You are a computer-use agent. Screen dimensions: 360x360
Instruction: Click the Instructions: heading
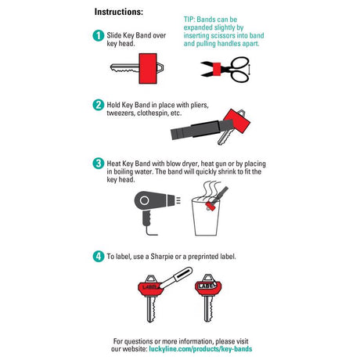click(119, 12)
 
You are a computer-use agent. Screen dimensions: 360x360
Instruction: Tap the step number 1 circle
click(99, 35)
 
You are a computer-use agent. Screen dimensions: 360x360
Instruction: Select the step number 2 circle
click(99, 105)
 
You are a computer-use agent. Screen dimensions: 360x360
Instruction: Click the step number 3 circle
click(99, 164)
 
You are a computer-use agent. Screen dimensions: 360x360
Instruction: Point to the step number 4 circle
click(99, 256)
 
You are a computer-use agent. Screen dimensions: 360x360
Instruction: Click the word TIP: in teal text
click(189, 20)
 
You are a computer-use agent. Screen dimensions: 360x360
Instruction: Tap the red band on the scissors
click(217, 69)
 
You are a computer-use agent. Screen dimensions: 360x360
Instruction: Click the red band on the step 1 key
click(148, 69)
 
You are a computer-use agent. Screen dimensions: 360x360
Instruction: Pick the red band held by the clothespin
click(237, 121)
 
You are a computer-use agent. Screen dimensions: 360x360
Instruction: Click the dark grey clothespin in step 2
click(202, 129)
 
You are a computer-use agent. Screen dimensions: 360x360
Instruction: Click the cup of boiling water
click(207, 217)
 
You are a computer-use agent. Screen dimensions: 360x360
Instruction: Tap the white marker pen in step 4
click(177, 277)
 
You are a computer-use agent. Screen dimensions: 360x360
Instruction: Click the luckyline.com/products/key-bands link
click(200, 349)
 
